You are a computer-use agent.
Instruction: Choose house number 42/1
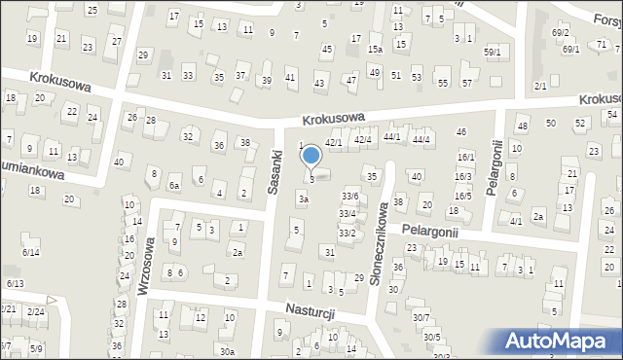click(x=334, y=143)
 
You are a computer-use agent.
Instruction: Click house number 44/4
click(x=421, y=140)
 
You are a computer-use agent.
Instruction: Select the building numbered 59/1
click(x=493, y=52)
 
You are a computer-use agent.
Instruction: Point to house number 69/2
click(x=560, y=32)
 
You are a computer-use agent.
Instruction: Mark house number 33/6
click(x=349, y=197)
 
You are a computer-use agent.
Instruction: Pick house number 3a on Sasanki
click(x=304, y=199)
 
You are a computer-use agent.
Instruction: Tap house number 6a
click(x=174, y=185)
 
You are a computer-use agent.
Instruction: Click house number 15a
click(x=375, y=49)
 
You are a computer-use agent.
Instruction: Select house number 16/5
click(x=463, y=196)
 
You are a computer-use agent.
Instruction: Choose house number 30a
click(x=227, y=351)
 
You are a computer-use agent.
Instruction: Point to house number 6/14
click(x=30, y=253)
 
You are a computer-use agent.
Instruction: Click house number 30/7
click(x=421, y=317)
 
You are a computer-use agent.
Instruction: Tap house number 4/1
click(x=516, y=221)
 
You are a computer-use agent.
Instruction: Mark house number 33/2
click(x=347, y=234)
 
